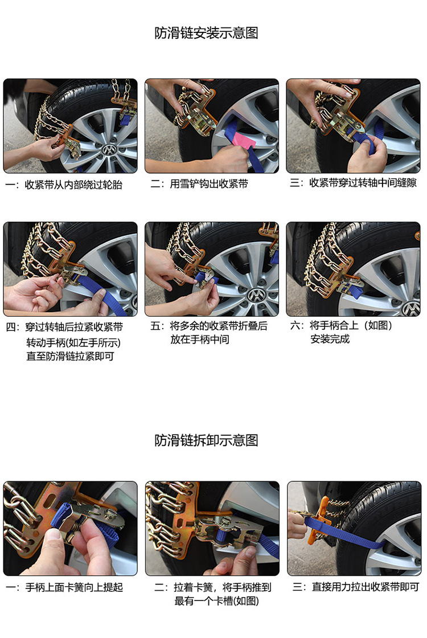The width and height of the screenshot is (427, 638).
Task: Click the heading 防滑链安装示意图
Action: [206, 33]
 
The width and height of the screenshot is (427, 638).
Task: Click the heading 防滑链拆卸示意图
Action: [206, 440]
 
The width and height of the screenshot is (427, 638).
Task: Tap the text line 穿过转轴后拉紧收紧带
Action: [73, 327]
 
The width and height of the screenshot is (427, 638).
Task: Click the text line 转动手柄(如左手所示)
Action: [73, 343]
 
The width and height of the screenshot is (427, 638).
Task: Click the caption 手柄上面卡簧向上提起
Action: [73, 587]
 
